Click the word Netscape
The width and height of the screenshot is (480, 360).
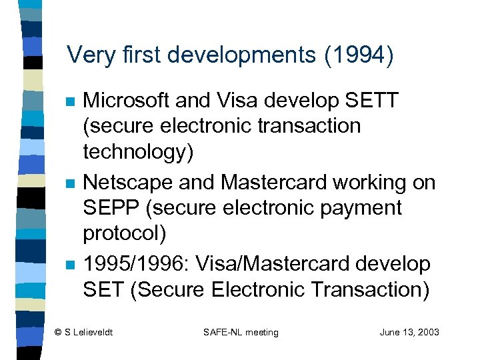126,182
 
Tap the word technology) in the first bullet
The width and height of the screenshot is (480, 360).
138,153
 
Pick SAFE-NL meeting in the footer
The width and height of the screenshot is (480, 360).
241,332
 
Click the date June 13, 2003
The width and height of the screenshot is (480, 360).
409,332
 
